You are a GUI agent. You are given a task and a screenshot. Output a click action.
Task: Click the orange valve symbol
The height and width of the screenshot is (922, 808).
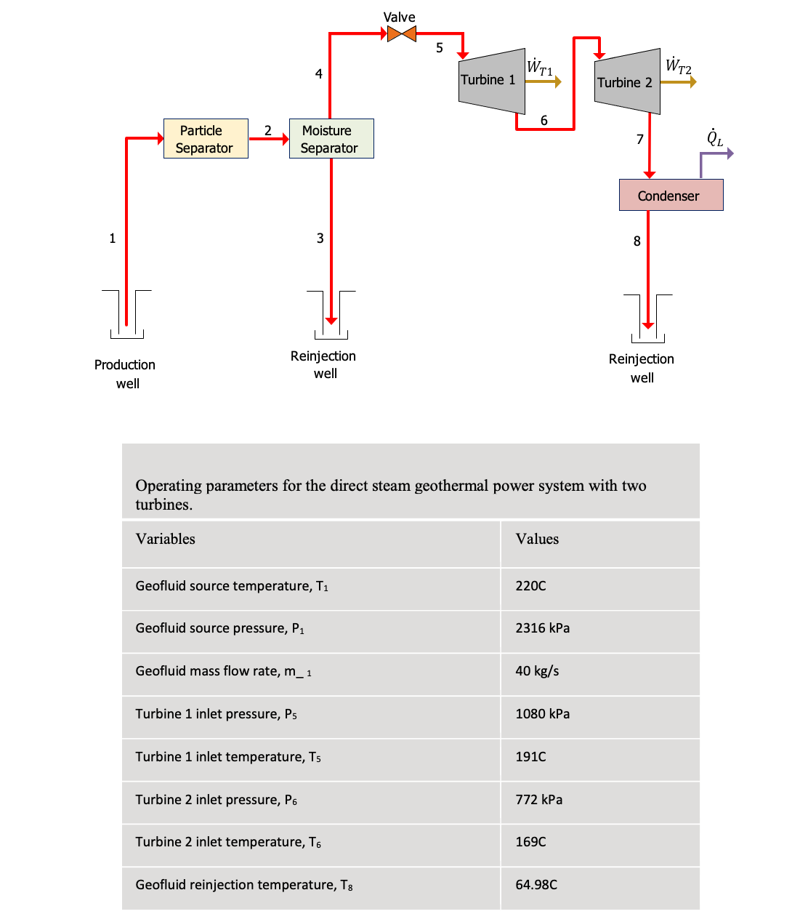tap(401, 33)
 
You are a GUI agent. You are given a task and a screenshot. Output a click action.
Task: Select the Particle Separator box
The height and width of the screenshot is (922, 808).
tap(206, 139)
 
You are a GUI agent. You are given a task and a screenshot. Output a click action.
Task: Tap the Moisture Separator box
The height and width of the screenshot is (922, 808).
tap(331, 139)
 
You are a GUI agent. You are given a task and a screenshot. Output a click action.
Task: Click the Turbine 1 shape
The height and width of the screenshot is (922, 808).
tap(491, 81)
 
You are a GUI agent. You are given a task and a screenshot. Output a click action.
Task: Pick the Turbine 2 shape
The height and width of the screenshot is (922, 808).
tap(627, 81)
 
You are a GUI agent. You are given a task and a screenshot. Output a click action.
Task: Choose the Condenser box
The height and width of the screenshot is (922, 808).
tap(671, 196)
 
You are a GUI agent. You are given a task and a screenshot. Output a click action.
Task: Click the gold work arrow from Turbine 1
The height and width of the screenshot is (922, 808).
tap(543, 81)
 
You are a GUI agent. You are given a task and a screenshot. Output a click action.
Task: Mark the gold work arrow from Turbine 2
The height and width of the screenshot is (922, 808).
tap(678, 82)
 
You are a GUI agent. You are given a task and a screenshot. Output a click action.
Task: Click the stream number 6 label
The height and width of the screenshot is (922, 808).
tap(544, 121)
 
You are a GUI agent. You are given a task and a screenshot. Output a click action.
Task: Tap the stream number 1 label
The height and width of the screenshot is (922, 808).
tap(113, 238)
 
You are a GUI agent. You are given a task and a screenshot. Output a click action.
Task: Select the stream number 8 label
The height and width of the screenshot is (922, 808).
tap(637, 241)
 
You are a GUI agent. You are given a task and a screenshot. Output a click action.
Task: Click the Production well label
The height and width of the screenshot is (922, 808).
tap(125, 374)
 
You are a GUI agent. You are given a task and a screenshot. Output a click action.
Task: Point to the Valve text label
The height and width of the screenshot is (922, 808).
tap(400, 17)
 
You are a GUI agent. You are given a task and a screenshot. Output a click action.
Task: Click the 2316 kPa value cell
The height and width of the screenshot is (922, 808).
tap(542, 628)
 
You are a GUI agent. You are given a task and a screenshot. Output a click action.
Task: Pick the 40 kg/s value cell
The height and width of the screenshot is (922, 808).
tap(537, 671)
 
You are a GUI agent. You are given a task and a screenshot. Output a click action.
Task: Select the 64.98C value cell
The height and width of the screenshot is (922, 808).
tap(536, 885)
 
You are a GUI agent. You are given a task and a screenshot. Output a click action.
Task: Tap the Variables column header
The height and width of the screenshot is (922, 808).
tap(166, 539)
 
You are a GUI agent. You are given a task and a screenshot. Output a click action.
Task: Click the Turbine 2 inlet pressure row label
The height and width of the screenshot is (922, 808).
tap(216, 800)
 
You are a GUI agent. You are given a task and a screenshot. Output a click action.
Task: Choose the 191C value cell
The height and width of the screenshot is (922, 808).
tap(530, 757)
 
